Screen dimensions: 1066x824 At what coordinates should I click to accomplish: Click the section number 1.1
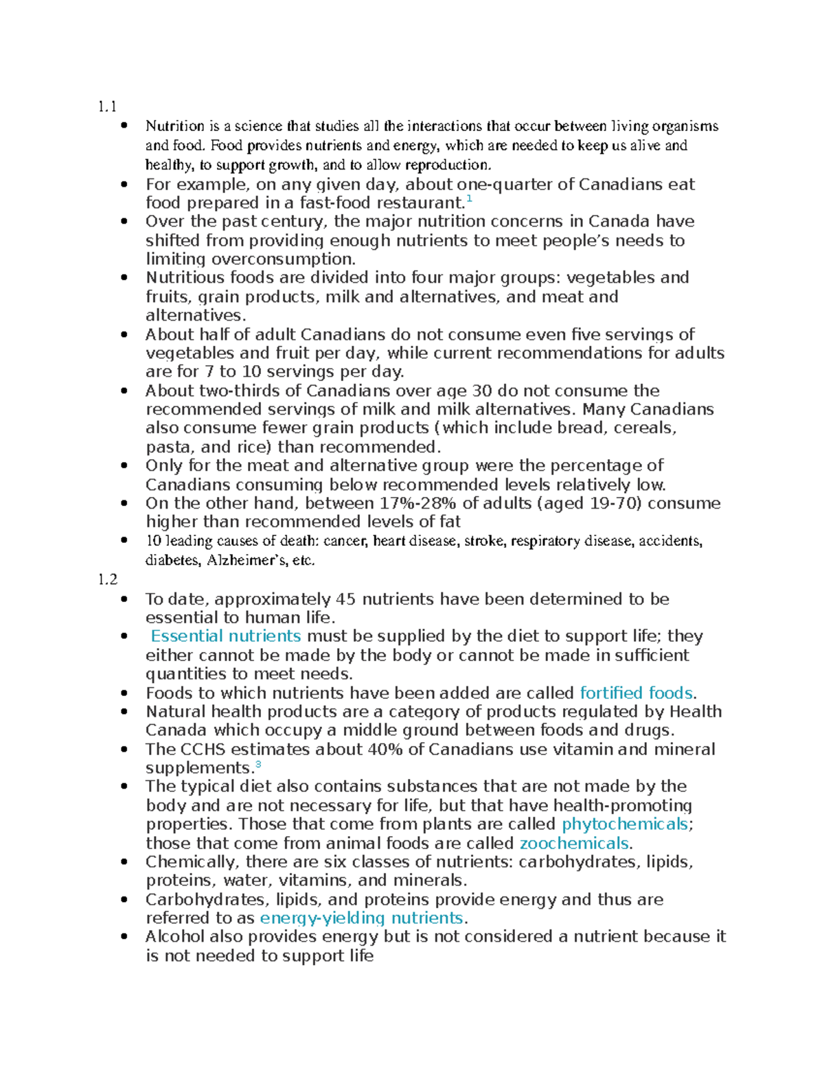coord(107,106)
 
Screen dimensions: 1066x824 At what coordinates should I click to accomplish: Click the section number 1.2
coord(108,579)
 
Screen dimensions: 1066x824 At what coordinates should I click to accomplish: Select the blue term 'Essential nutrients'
coord(226,636)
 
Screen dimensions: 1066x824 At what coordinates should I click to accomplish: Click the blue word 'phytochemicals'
coord(625,824)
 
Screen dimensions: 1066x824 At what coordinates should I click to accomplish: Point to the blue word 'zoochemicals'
coord(574,843)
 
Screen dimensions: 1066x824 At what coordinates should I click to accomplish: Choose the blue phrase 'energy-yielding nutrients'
coord(361,918)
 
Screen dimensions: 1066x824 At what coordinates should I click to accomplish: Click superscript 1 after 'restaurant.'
coord(469,199)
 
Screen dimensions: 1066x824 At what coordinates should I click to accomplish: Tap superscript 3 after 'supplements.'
coord(258,764)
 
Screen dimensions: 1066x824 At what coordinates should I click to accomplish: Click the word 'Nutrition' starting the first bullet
coord(175,126)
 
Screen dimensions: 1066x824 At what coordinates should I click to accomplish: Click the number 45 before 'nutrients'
coord(346,599)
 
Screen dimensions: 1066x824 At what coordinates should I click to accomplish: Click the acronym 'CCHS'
coord(207,749)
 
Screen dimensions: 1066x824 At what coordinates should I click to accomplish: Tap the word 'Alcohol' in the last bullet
coord(175,937)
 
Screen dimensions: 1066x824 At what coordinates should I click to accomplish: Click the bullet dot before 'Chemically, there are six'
coord(124,862)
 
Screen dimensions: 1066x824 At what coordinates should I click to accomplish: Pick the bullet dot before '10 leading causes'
coord(124,541)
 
